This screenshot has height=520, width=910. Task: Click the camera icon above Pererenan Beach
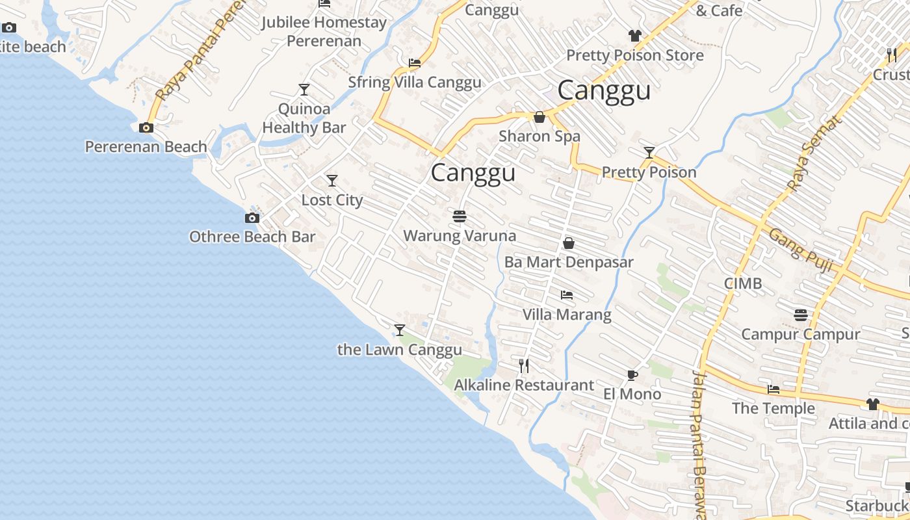click(x=146, y=127)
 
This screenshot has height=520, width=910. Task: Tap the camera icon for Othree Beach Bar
click(x=252, y=218)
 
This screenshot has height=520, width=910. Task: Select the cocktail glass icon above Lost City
click(x=332, y=180)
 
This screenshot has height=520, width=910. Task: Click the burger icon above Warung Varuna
click(x=460, y=216)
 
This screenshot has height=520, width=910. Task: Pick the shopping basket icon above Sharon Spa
click(x=539, y=117)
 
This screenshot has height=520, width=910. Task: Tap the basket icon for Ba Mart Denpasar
click(x=569, y=243)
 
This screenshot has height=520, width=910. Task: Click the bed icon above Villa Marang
click(x=567, y=295)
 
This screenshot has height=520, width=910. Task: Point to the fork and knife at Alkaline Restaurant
click(x=524, y=366)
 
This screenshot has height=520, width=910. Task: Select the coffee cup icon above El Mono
click(x=632, y=375)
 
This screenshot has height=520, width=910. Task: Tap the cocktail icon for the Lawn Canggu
click(x=400, y=330)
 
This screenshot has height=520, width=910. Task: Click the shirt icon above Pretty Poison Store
click(x=635, y=36)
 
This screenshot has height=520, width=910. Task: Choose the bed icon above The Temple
click(x=773, y=389)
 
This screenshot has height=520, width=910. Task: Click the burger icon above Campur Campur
click(x=801, y=315)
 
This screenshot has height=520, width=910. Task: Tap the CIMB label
click(x=743, y=284)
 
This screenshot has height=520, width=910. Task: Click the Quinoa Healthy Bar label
click(x=304, y=118)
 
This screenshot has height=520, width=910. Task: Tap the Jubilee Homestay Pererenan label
click(x=324, y=31)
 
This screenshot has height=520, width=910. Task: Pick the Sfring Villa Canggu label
click(x=415, y=83)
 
